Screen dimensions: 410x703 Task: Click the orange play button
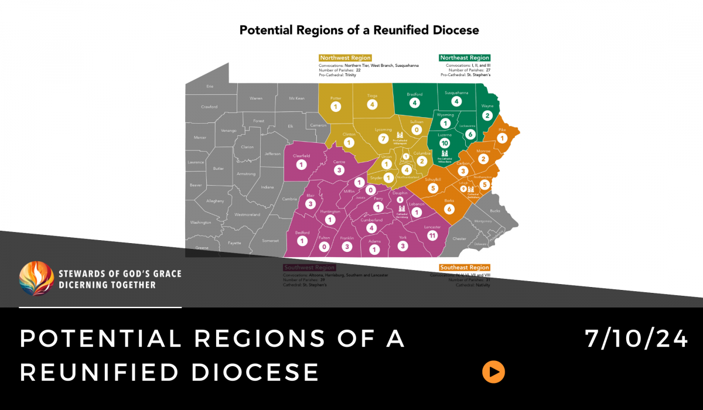(x=493, y=371)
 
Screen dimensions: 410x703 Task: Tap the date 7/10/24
(x=636, y=339)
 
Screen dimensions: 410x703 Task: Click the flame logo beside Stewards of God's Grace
(x=37, y=279)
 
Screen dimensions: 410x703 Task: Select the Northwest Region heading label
(x=345, y=58)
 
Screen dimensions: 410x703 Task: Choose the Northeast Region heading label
(x=465, y=58)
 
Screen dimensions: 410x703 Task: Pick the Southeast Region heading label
(x=465, y=268)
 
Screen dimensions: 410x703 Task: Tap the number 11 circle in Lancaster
(x=433, y=235)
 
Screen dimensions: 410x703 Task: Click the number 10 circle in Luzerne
(x=445, y=143)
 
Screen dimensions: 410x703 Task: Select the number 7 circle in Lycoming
(x=384, y=139)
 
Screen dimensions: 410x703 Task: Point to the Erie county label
(x=210, y=87)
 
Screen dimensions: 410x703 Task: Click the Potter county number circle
(x=336, y=107)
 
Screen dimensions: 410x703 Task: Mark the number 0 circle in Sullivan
(x=417, y=129)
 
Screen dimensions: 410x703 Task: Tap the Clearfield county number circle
(x=302, y=165)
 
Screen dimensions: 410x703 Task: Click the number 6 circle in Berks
(x=449, y=209)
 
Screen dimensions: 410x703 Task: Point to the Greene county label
(x=202, y=248)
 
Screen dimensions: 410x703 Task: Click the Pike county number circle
(x=502, y=139)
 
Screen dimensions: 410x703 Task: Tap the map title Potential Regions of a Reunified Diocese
(x=359, y=30)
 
